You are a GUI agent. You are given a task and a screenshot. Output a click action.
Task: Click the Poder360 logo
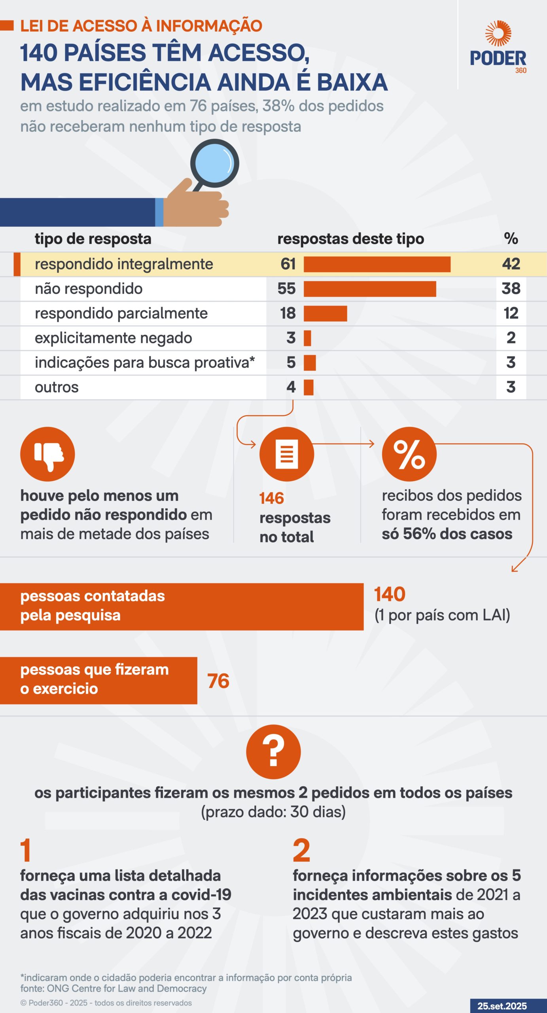click(498, 47)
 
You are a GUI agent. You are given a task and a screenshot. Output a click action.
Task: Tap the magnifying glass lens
click(215, 163)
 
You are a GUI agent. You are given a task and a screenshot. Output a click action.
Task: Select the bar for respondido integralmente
click(377, 264)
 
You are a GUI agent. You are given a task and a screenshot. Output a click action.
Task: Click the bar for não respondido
click(370, 289)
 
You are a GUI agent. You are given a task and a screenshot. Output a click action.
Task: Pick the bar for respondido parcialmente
click(325, 313)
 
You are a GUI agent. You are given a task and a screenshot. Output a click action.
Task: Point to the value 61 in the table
click(288, 264)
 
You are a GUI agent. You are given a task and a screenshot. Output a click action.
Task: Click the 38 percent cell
click(511, 289)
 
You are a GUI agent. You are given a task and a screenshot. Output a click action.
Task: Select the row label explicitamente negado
click(114, 338)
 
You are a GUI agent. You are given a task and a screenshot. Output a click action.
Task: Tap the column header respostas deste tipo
click(350, 239)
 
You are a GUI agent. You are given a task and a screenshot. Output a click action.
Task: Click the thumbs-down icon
click(47, 454)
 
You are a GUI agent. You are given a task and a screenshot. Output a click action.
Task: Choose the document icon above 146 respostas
click(287, 454)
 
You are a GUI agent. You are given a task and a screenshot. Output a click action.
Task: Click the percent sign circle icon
click(409, 454)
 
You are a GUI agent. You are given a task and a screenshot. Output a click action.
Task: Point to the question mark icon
click(273, 752)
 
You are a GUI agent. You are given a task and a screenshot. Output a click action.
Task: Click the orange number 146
click(272, 499)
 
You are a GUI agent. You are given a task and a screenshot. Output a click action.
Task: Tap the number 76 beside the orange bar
click(218, 681)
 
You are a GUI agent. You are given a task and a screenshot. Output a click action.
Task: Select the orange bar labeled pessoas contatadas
click(182, 606)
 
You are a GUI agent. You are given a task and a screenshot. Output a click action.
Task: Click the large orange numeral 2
click(301, 851)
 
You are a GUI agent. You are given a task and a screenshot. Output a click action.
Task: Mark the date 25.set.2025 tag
click(502, 1006)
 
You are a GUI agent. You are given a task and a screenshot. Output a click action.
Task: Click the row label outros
click(57, 387)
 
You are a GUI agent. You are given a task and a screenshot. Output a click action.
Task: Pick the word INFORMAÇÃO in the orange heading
click(209, 26)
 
